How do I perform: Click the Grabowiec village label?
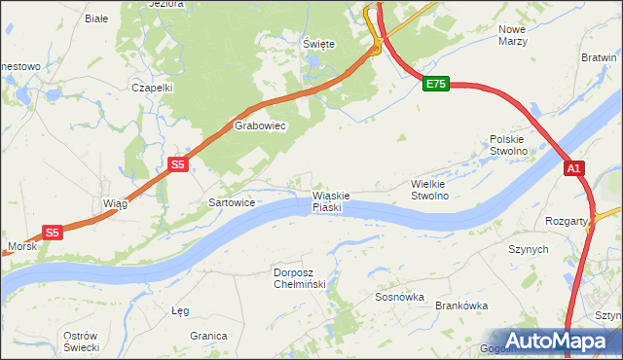[258, 126]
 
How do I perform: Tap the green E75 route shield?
[436, 85]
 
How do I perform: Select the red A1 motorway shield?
[574, 168]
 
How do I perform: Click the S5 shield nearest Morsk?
[53, 233]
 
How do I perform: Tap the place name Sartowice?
[232, 203]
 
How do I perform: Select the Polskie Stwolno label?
[508, 145]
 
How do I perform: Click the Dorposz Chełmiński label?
[305, 278]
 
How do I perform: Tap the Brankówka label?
[461, 306]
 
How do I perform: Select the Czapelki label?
[152, 87]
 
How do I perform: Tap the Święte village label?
[318, 44]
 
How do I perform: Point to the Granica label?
[208, 335]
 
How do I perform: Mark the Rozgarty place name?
[567, 221]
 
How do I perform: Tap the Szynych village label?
[529, 249]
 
